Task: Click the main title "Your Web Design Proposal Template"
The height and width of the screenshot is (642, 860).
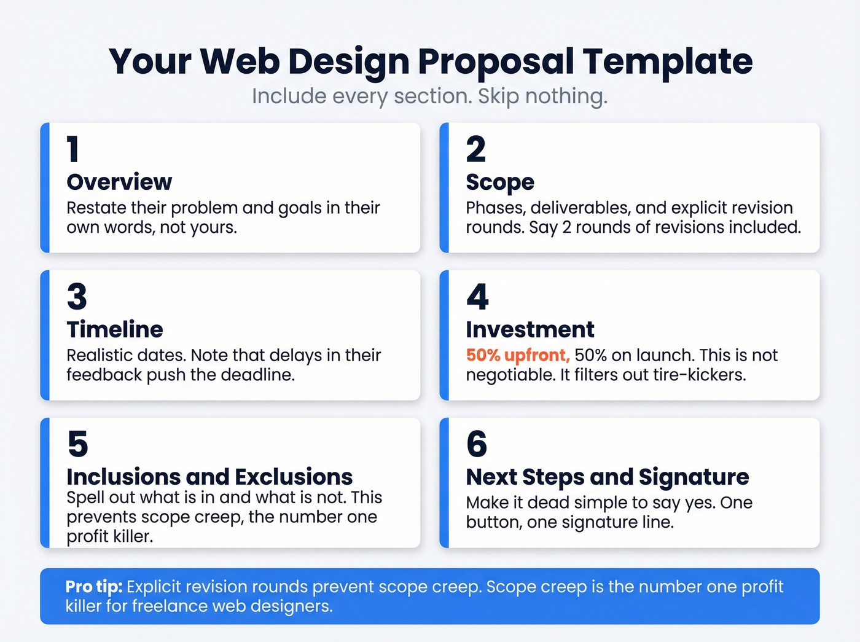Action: click(430, 61)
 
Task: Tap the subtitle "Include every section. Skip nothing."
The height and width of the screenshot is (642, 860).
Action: click(429, 96)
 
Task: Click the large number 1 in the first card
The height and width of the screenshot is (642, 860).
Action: click(73, 149)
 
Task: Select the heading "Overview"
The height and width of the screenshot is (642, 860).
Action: click(119, 182)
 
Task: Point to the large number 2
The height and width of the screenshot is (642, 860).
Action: click(475, 149)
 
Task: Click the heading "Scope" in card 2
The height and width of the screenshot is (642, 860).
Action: click(500, 182)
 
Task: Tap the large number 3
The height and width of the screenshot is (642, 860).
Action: click(77, 297)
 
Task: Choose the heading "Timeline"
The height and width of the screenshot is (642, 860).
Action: click(115, 329)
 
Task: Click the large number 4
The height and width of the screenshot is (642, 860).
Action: click(477, 297)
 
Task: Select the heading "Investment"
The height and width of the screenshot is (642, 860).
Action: click(530, 329)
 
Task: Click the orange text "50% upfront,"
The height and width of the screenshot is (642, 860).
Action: click(518, 355)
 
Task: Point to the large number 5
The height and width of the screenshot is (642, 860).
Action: click(77, 444)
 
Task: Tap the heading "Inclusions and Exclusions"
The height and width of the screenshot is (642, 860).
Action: click(209, 477)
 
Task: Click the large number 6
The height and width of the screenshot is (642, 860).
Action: click(477, 444)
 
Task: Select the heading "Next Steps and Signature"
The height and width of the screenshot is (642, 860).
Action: click(608, 477)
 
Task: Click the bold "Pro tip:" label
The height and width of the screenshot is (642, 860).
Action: click(94, 587)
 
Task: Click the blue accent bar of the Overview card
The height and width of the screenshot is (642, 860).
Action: click(45, 188)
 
